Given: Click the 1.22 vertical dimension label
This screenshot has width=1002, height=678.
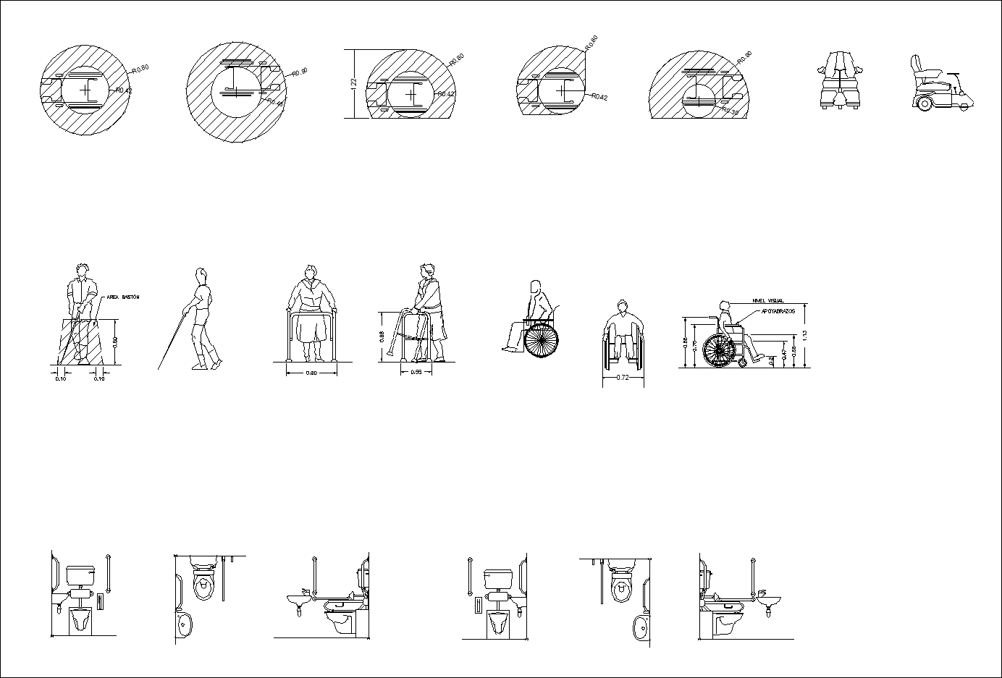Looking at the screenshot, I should click(353, 84).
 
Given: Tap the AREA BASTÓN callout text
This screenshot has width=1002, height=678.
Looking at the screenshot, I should click(122, 297).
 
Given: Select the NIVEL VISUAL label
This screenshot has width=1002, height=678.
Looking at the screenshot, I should click(768, 301).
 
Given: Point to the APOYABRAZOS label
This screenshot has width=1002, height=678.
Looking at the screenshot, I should click(778, 311).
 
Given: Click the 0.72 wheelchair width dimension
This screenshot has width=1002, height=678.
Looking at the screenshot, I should click(622, 378).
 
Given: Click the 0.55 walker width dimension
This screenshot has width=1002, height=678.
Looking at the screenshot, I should click(416, 372).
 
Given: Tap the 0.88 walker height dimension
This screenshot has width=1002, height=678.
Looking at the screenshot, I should click(382, 336).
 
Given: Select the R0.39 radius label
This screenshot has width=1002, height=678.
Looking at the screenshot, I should click(730, 112).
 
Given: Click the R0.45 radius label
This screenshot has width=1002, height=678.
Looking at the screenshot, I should click(276, 103).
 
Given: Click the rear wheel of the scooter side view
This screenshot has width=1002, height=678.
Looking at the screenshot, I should click(924, 104).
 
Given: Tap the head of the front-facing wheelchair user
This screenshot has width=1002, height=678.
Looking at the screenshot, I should click(622, 306).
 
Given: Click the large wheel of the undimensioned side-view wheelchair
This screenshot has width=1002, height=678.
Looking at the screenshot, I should click(542, 340).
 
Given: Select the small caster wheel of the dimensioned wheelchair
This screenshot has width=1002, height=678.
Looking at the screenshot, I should click(743, 362).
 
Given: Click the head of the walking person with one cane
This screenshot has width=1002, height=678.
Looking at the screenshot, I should click(202, 276).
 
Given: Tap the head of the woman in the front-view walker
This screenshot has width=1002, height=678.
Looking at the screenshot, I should click(311, 274).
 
